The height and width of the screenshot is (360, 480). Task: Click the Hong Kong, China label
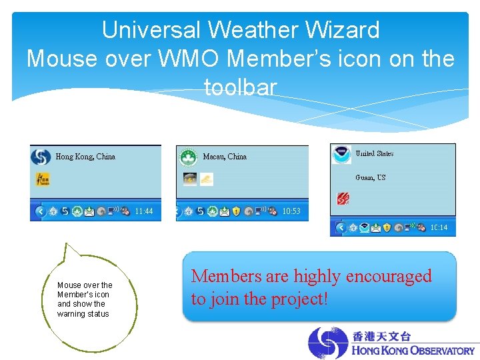85,157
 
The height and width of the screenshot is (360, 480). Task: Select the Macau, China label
225,157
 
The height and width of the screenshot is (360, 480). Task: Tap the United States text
374,153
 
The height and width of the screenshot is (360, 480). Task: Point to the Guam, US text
370,177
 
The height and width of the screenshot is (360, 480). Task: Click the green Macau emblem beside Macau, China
188,157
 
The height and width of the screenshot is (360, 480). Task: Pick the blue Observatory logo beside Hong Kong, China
41,157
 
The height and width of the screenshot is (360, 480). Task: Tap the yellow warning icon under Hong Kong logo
41,179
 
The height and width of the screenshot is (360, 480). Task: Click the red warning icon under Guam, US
342,199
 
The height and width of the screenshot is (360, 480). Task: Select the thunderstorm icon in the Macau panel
190,179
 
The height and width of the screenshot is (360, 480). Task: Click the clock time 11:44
144,211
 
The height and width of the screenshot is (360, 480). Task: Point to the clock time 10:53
291,211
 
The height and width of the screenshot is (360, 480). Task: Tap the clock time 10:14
439,227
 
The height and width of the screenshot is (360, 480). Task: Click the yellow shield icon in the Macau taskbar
236,211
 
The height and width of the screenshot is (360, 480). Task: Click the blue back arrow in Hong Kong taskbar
39,211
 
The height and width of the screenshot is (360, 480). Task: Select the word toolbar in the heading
240,87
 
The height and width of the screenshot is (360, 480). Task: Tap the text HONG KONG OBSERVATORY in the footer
413,350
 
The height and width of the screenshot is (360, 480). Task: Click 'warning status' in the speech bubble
83,314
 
